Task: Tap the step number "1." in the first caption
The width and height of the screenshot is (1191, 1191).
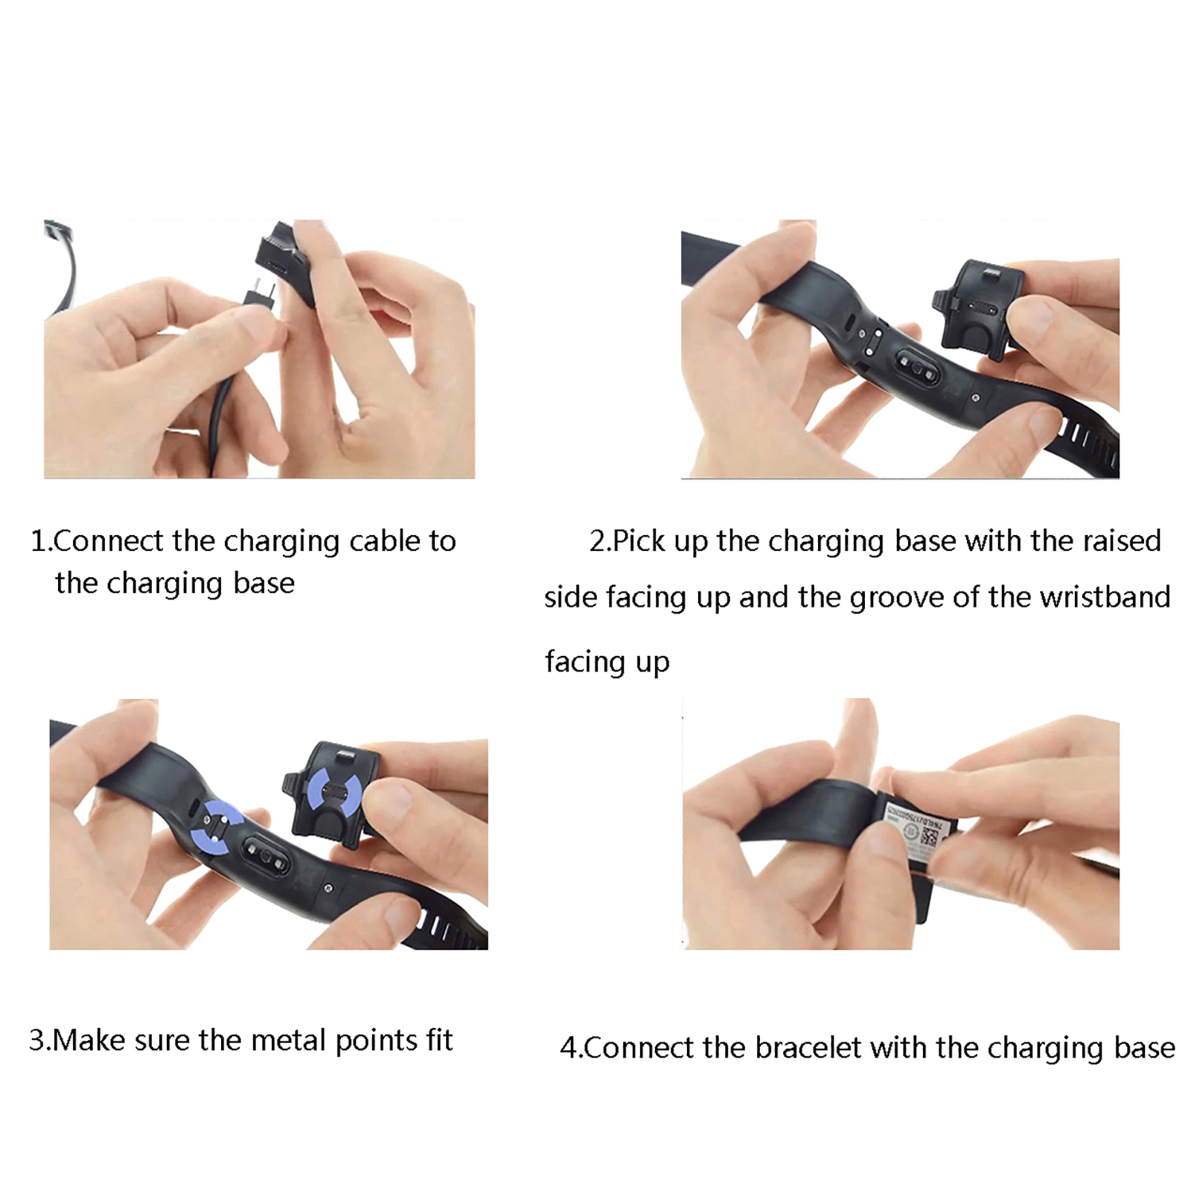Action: click(x=41, y=541)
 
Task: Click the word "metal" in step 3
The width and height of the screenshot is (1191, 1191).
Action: click(x=290, y=1040)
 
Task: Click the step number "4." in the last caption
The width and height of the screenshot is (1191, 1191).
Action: click(x=572, y=1048)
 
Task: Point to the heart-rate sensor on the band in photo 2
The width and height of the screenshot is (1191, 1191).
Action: click(x=917, y=365)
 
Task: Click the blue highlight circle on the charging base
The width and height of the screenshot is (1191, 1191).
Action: click(x=335, y=794)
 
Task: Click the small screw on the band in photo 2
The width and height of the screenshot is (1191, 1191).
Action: click(x=976, y=399)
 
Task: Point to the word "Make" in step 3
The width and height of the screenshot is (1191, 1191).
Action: click(x=89, y=1040)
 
